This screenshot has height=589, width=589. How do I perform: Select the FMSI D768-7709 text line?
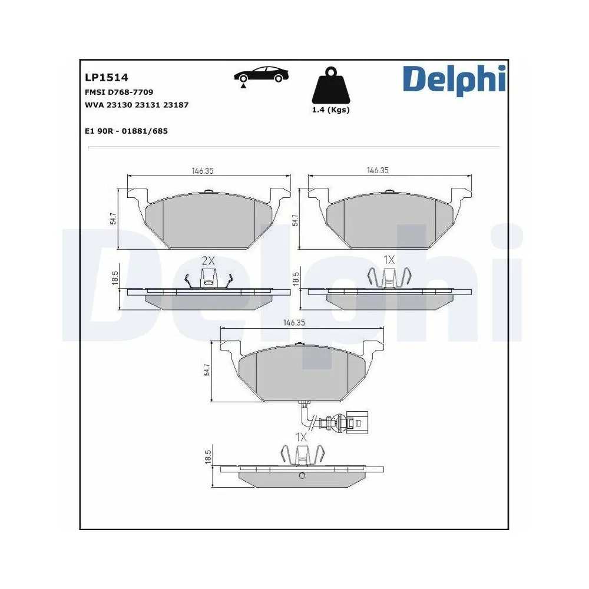tap(120, 92)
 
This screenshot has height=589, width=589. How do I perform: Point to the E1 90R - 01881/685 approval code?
tap(126, 131)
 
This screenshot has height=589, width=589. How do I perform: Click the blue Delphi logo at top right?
tap(454, 80)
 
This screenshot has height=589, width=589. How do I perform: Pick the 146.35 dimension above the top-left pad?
tap(202, 170)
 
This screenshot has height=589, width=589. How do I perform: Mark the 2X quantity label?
tap(209, 260)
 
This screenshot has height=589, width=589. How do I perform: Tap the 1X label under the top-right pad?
tap(388, 260)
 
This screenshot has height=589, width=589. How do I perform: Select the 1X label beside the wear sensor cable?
tap(301, 437)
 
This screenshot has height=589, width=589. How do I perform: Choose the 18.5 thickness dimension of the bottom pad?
tap(207, 458)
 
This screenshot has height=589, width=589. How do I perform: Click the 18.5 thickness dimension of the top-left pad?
tap(115, 278)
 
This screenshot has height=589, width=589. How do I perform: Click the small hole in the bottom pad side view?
tap(302, 477)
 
